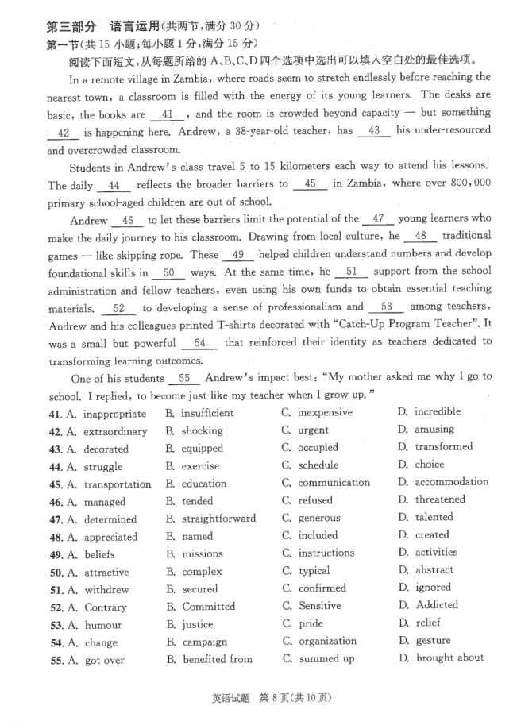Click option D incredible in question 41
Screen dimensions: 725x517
[x=436, y=411]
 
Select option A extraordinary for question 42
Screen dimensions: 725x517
[x=115, y=431]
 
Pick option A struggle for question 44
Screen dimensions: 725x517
[x=103, y=467]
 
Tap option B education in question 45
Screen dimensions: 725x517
[x=203, y=484]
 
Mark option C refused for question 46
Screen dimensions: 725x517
[x=315, y=500]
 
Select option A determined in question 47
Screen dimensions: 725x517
[x=112, y=519]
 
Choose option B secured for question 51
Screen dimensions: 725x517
[x=199, y=589]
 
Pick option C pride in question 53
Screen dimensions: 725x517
[x=311, y=623]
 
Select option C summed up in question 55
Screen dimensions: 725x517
[x=325, y=658]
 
